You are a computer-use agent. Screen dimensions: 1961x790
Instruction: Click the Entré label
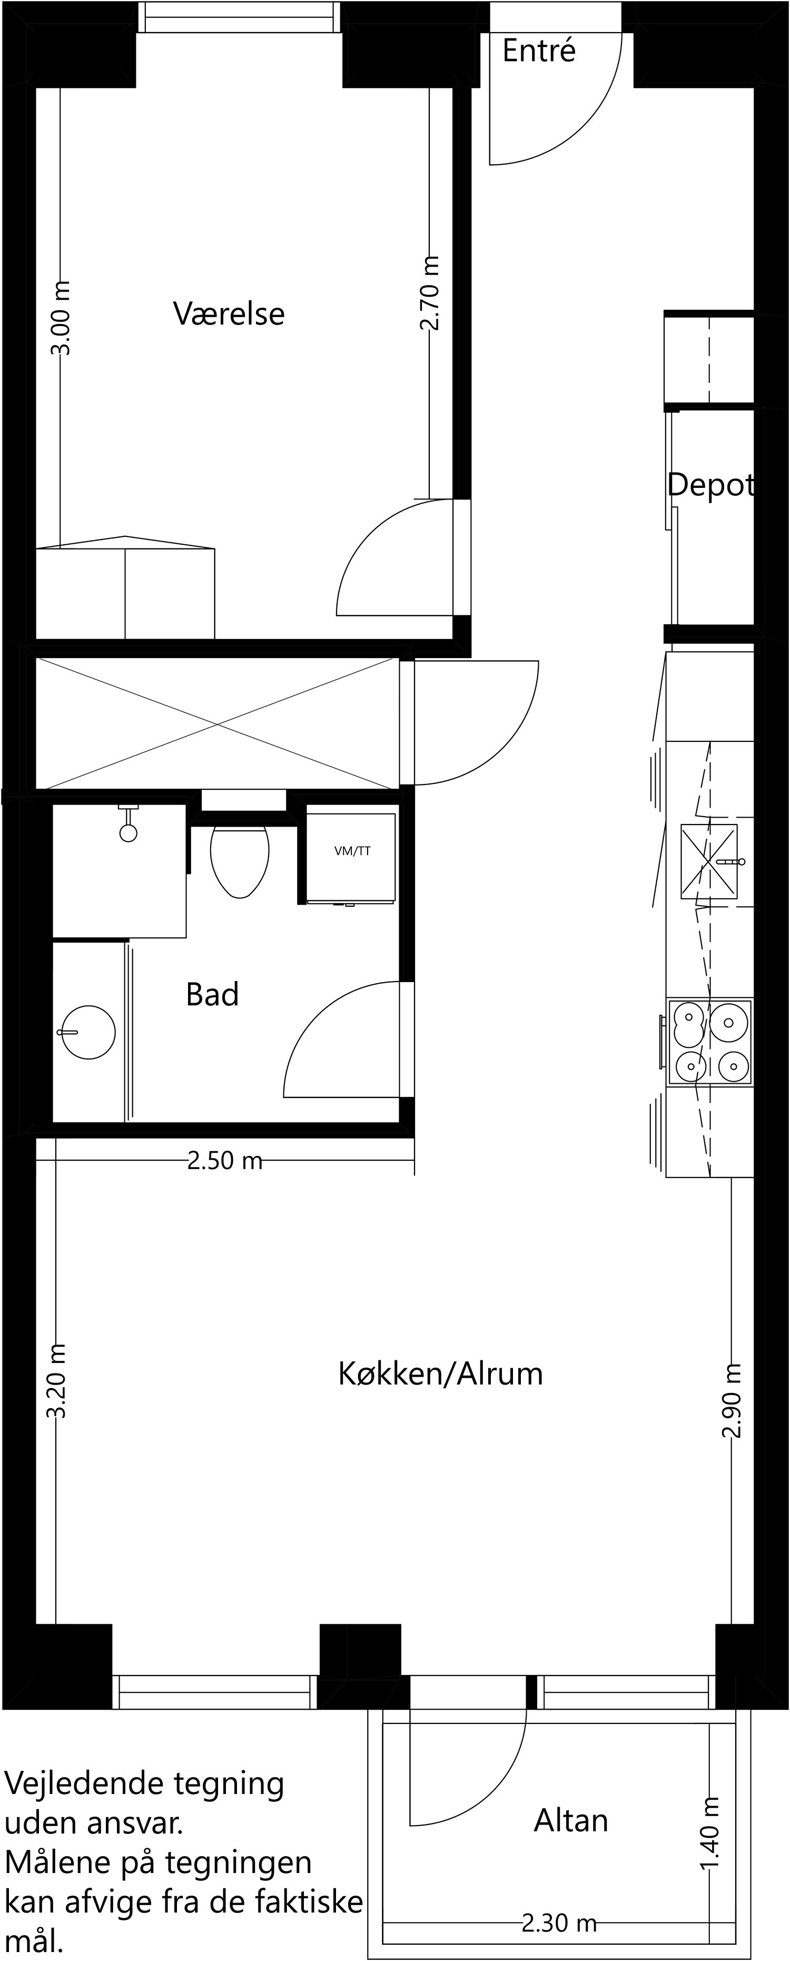coord(539,51)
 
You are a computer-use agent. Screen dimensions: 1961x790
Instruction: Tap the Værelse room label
coord(229,313)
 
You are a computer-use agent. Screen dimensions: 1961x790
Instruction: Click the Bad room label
coord(212,994)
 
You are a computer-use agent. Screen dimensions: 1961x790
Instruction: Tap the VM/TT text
coord(352,851)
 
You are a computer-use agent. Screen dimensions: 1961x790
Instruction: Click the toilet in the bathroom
coord(240,860)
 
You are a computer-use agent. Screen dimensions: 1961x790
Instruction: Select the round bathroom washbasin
coord(88,1032)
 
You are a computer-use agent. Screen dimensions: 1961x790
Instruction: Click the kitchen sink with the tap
coord(708,862)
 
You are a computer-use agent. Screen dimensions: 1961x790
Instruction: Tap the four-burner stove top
coord(709,1042)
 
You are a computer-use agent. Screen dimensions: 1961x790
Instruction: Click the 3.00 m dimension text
coord(61,318)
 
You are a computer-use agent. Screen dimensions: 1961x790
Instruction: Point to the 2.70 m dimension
coord(430,293)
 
